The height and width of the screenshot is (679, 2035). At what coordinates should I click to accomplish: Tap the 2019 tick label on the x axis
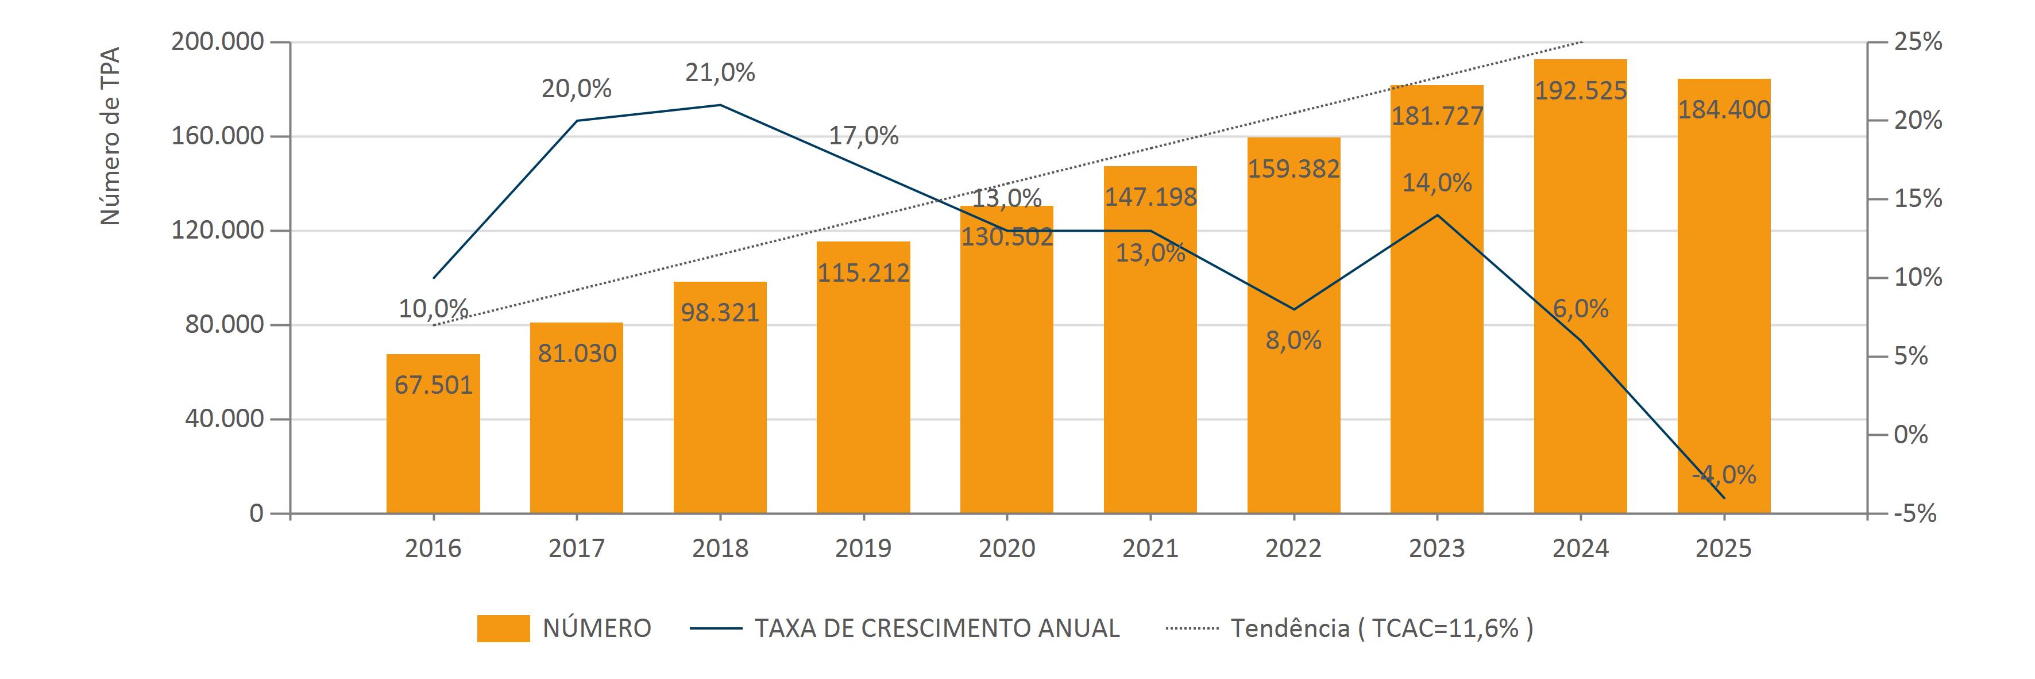tap(863, 548)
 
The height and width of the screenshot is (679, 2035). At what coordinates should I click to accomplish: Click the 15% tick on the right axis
tap(1917, 199)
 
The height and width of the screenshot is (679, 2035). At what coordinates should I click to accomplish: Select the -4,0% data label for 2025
tap(1724, 475)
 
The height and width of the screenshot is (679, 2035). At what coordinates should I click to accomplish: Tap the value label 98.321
tap(720, 312)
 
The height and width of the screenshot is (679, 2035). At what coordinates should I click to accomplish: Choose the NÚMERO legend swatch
tap(503, 628)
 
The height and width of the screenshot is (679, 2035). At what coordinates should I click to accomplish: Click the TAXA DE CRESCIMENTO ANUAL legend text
tap(937, 628)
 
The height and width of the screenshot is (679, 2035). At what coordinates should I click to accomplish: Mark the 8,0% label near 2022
tap(1293, 341)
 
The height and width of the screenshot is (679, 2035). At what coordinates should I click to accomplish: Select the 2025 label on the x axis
tap(1723, 548)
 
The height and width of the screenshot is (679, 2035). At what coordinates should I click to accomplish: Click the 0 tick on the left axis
tap(256, 514)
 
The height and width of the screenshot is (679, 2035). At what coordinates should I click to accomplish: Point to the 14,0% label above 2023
tap(1437, 183)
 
